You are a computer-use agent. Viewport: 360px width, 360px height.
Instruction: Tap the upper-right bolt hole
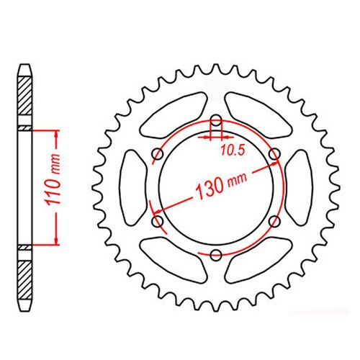274,155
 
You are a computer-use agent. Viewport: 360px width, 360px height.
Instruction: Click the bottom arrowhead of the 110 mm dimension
53,242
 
